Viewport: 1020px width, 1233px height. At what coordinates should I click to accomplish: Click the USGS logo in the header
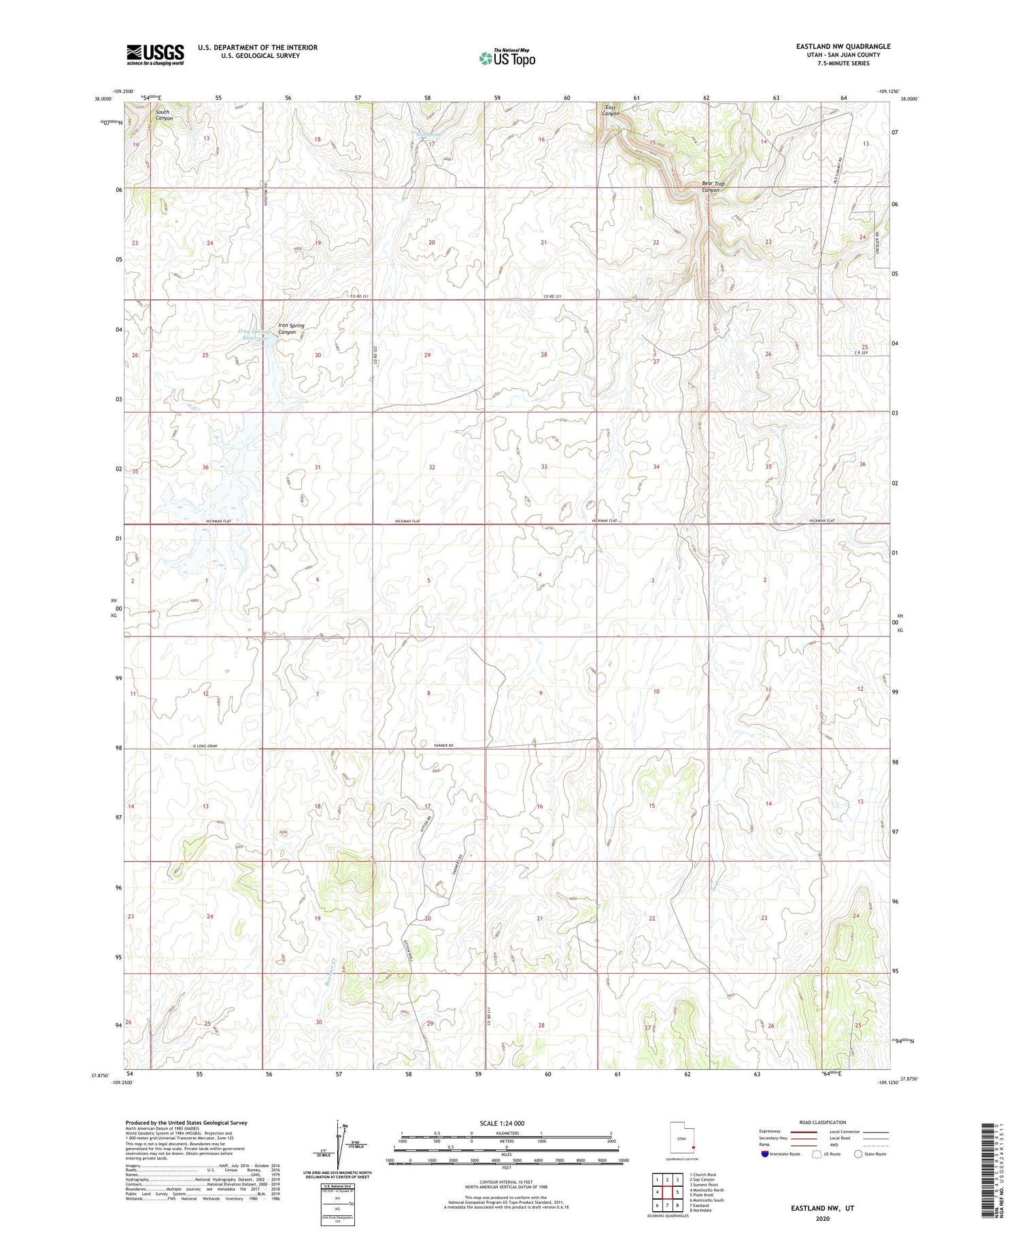[155, 54]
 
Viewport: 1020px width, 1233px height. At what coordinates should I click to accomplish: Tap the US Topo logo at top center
[507, 58]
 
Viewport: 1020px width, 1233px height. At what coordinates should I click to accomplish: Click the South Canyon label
[163, 115]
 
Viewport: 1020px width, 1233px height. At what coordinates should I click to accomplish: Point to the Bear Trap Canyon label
[713, 187]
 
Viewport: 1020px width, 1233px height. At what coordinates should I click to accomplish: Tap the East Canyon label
[610, 110]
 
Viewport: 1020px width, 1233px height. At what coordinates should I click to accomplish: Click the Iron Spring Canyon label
[291, 328]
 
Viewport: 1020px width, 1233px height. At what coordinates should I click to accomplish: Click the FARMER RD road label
[443, 746]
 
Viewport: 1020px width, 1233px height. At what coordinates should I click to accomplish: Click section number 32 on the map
[432, 467]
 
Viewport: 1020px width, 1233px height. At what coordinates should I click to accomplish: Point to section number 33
[544, 467]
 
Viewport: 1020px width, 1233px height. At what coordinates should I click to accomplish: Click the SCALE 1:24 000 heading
[506, 1123]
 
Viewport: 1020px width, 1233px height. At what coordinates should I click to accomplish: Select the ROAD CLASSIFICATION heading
[823, 1122]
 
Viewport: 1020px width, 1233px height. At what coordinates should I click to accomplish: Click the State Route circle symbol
[859, 1153]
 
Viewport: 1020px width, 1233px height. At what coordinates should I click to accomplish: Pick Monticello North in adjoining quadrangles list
[707, 1190]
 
